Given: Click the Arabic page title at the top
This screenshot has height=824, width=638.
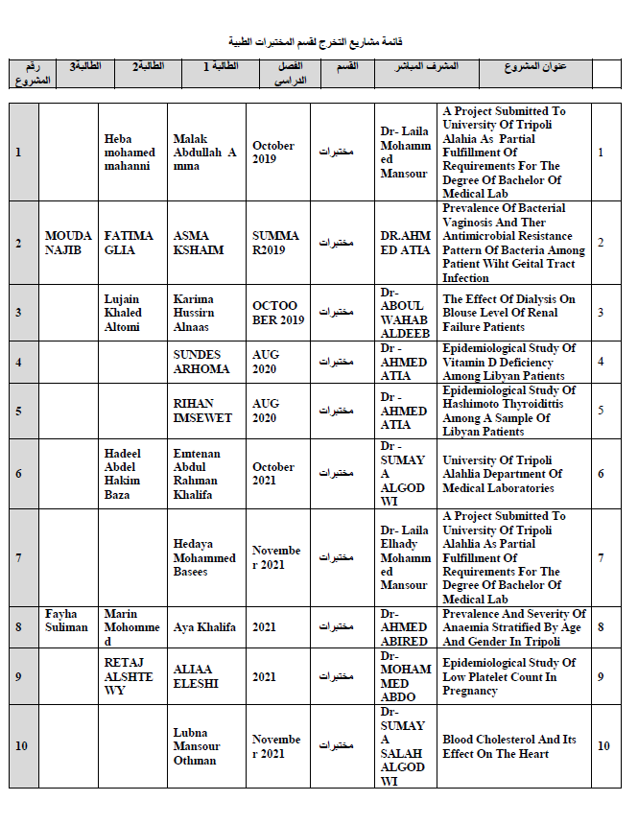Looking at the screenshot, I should tap(316, 41).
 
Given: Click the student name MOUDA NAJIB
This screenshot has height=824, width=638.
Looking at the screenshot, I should tap(69, 243).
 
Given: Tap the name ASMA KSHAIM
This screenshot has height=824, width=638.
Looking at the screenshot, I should tap(199, 243).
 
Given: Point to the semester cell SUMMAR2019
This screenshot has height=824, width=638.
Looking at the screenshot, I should tap(275, 243).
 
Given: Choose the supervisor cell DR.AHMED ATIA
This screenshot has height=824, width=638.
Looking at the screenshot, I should tap(404, 243).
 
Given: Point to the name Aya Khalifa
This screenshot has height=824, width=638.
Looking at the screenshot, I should tap(204, 627).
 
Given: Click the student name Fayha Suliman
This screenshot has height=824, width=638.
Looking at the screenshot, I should tap(67, 620).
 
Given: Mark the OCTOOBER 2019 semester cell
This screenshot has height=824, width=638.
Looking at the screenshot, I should tap(277, 313).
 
